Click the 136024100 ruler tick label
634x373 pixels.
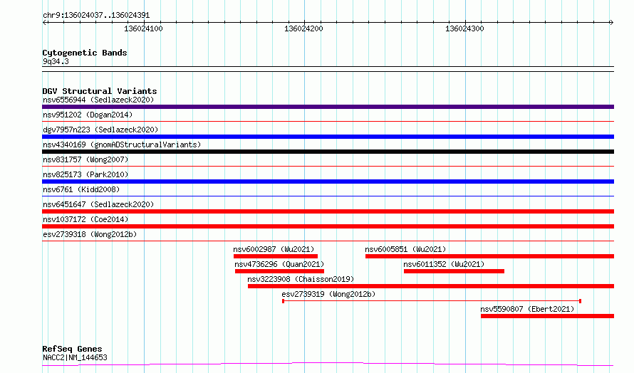143,28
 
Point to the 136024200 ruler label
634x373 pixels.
303,28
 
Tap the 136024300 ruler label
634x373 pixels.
464,28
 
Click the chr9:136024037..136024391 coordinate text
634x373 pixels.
96,16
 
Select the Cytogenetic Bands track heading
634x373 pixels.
85,53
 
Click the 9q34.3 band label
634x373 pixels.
56,62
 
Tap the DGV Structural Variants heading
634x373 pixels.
100,91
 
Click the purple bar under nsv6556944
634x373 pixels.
328,107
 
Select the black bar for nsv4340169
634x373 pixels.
328,152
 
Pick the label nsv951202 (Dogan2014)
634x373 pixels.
88,115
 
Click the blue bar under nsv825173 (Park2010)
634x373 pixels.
328,182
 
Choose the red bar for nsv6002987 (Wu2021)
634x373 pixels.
276,256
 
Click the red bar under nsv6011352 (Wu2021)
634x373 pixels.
454,271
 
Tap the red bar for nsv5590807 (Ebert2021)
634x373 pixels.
548,316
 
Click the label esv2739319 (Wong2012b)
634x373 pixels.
328,294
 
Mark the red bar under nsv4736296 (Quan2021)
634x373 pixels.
279,271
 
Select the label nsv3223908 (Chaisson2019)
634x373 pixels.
301,279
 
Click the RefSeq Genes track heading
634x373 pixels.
72,350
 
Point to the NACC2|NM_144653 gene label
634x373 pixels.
76,357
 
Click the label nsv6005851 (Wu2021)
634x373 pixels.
405,249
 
